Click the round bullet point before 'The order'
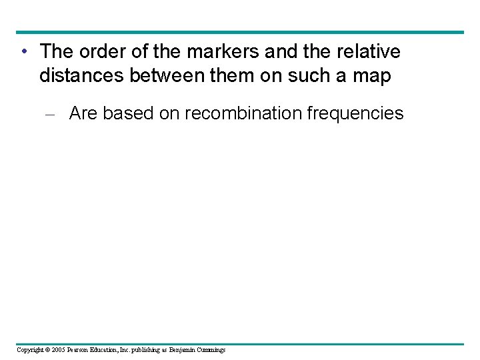tap(24, 51)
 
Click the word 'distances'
tap(78, 77)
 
